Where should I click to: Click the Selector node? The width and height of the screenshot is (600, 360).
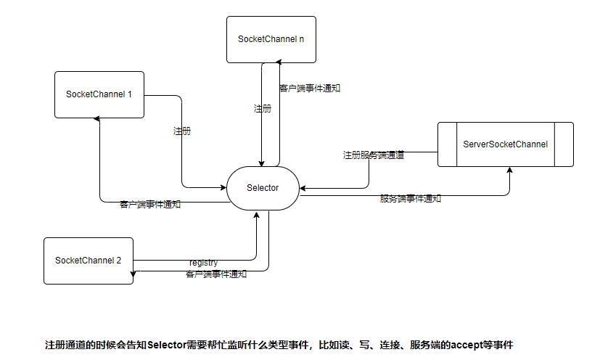[263, 188]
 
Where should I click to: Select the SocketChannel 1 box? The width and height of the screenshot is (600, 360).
[99, 94]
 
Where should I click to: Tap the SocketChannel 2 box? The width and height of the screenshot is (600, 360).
[88, 260]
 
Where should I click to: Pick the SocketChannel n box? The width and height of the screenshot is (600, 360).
[271, 38]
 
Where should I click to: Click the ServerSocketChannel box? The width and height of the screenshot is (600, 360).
[505, 144]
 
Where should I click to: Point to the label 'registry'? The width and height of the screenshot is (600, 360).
[203, 262]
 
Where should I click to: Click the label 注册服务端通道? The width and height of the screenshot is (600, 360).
[374, 155]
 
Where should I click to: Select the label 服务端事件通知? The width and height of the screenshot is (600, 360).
[410, 198]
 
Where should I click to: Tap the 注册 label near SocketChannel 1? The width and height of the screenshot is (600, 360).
[182, 131]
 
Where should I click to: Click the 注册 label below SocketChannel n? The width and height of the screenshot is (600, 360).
[263, 108]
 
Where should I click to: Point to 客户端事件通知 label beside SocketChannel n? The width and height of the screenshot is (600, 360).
[310, 89]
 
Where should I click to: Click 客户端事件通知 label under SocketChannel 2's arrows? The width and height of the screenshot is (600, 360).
[216, 274]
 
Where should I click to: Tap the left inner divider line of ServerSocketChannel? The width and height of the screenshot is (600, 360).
[456, 144]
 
